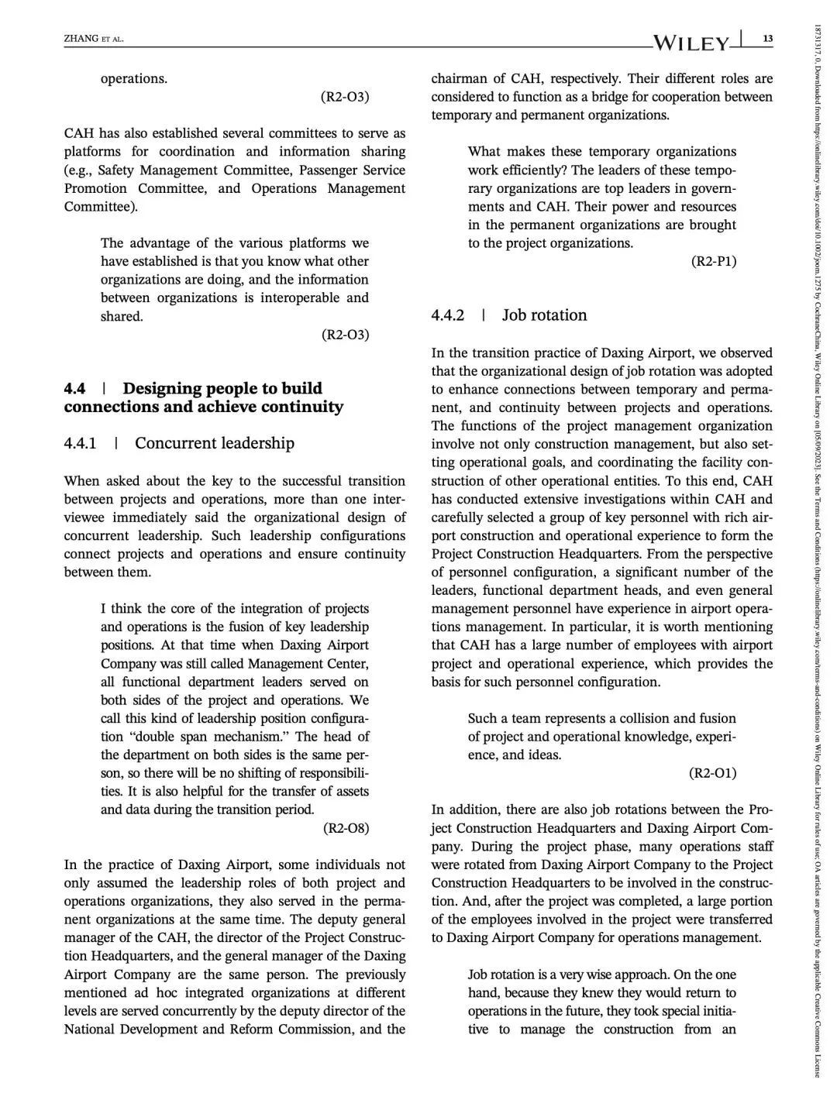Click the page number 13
[767, 39]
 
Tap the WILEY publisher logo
[693, 42]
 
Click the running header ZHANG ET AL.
[94, 39]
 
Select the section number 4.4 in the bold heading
[74, 388]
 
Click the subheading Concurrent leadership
[214, 443]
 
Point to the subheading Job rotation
[544, 315]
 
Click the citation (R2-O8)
[346, 828]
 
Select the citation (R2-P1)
[713, 261]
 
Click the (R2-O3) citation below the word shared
[346, 335]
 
